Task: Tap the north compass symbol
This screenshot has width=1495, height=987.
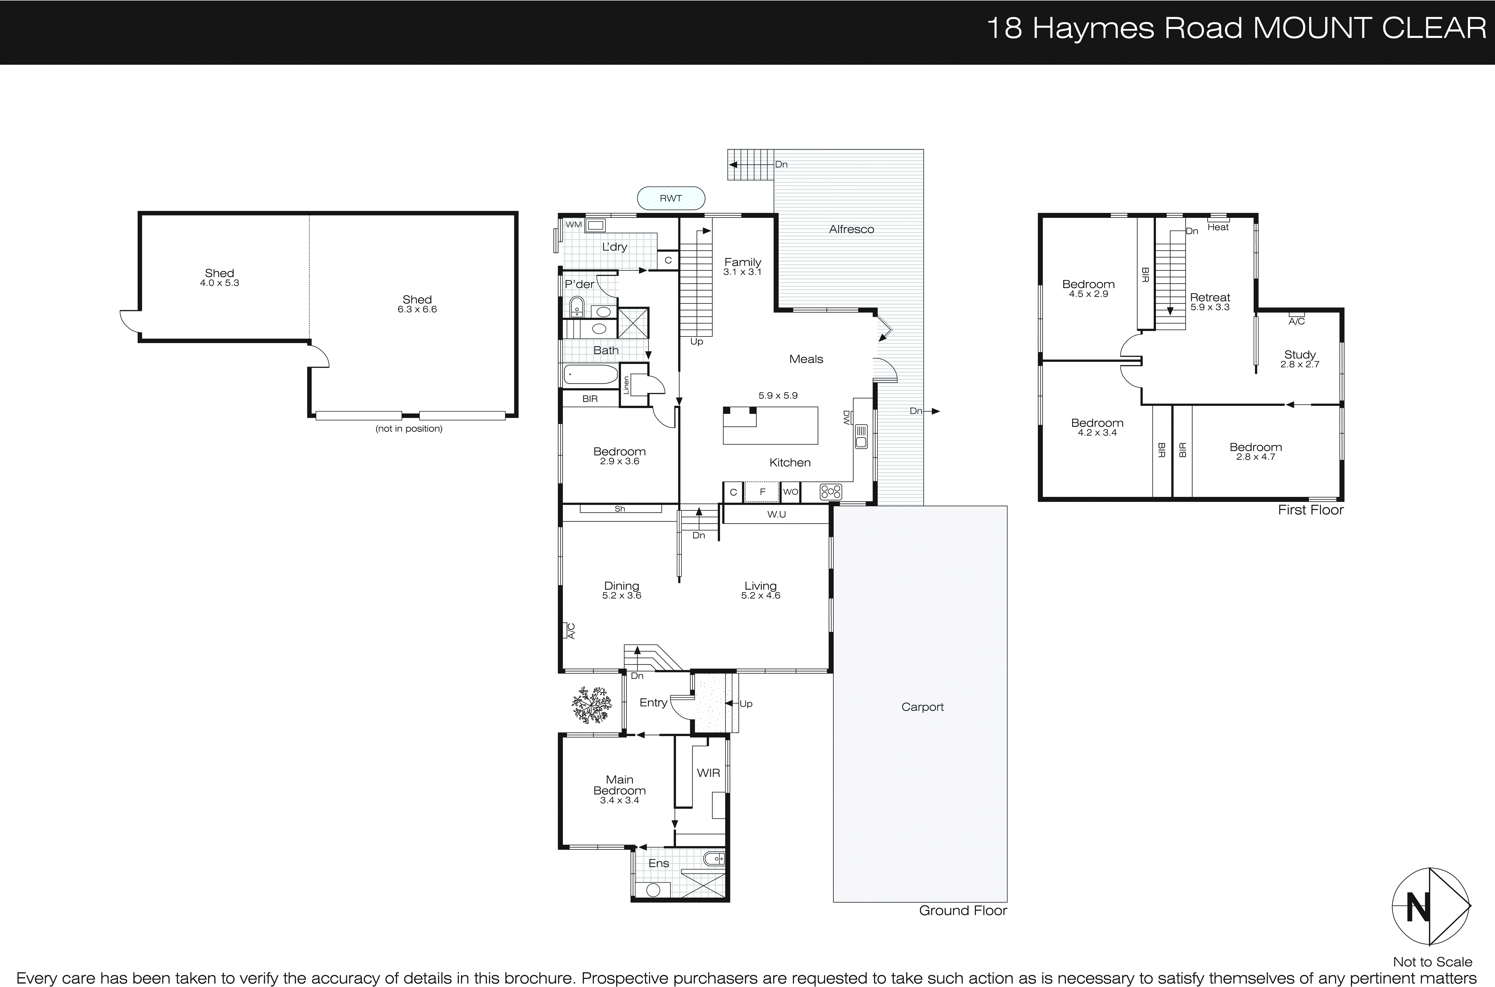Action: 1430,906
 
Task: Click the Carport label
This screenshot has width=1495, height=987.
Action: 922,707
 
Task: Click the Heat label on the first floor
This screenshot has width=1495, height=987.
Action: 1218,227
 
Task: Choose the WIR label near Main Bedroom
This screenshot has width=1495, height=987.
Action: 708,773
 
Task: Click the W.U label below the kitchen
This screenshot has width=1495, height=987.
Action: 776,514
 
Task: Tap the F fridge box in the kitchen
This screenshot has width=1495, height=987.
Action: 762,492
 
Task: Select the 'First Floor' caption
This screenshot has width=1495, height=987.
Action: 1311,510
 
